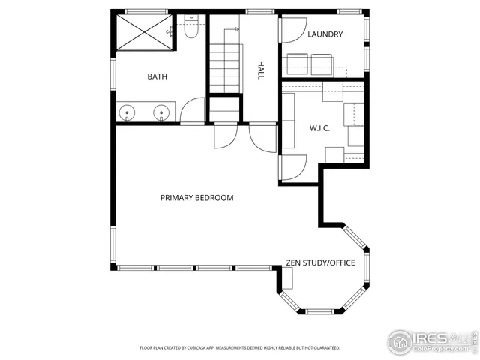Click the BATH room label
point(157,76)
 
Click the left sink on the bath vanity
point(129,113)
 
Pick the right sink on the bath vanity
point(161,113)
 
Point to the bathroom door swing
point(193,110)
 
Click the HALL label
point(261,70)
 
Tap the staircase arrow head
point(236,29)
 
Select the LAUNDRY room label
point(325,34)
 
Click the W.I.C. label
point(320,127)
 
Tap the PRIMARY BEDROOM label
point(196,198)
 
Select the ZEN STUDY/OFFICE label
point(320,262)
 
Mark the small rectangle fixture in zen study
point(286,278)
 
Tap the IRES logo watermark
point(431,341)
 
